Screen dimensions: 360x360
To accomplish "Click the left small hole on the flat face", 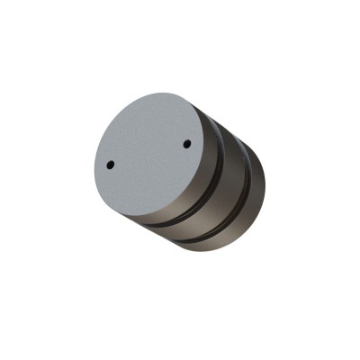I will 110,165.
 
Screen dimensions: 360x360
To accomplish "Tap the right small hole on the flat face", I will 187,143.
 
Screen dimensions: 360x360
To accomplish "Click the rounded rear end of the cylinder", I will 262,193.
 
